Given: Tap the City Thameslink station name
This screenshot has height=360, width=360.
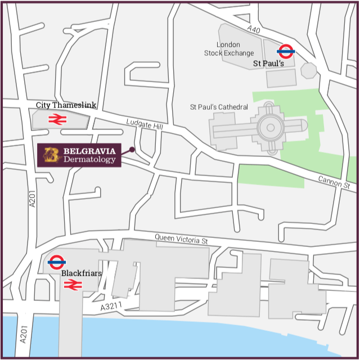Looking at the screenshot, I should click(x=58, y=105).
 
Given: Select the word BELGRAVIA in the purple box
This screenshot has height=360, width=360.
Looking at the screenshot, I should click(x=89, y=151).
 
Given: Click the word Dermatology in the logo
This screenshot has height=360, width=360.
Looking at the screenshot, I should click(x=89, y=160).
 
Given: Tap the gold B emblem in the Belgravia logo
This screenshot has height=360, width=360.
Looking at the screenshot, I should click(x=52, y=155).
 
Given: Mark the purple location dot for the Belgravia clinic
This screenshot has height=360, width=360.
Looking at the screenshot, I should click(x=132, y=150).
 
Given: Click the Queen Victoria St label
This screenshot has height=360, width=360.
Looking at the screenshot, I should click(x=182, y=239).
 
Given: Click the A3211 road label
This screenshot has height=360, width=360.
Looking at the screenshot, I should click(x=111, y=307).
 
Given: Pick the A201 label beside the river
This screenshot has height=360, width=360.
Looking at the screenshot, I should click(x=23, y=332).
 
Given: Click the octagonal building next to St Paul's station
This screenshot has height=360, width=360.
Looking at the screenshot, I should click(x=308, y=70).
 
